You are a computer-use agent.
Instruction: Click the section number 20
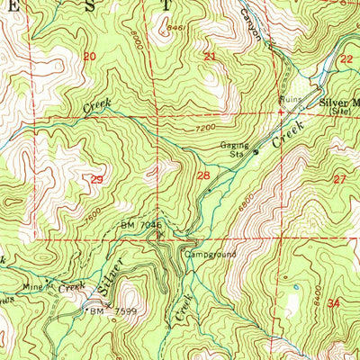point(88,57)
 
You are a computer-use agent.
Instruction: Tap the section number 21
point(210,57)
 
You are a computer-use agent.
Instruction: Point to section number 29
point(96,180)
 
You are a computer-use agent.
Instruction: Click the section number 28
point(203,175)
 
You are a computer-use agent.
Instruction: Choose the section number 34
point(335,303)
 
